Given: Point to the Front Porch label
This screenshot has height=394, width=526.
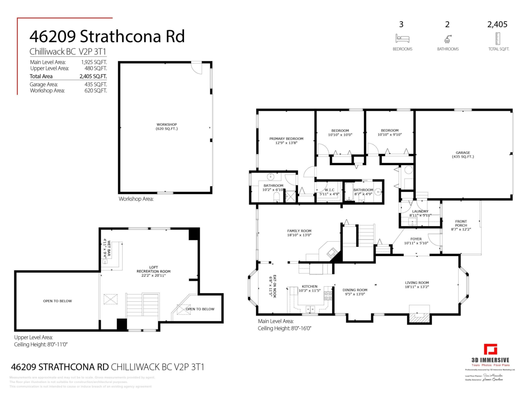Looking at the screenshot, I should pyautogui.click(x=461, y=223).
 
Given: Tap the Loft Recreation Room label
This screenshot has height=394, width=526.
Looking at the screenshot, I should pyautogui.click(x=153, y=269).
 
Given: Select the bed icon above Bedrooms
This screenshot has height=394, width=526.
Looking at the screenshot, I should pyautogui.click(x=402, y=38).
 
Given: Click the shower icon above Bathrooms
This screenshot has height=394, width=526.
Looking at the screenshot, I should pyautogui.click(x=448, y=38).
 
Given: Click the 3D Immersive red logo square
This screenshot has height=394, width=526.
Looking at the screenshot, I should pyautogui.click(x=490, y=350).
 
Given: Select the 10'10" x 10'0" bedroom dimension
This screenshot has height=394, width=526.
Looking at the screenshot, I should pyautogui.click(x=340, y=135).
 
